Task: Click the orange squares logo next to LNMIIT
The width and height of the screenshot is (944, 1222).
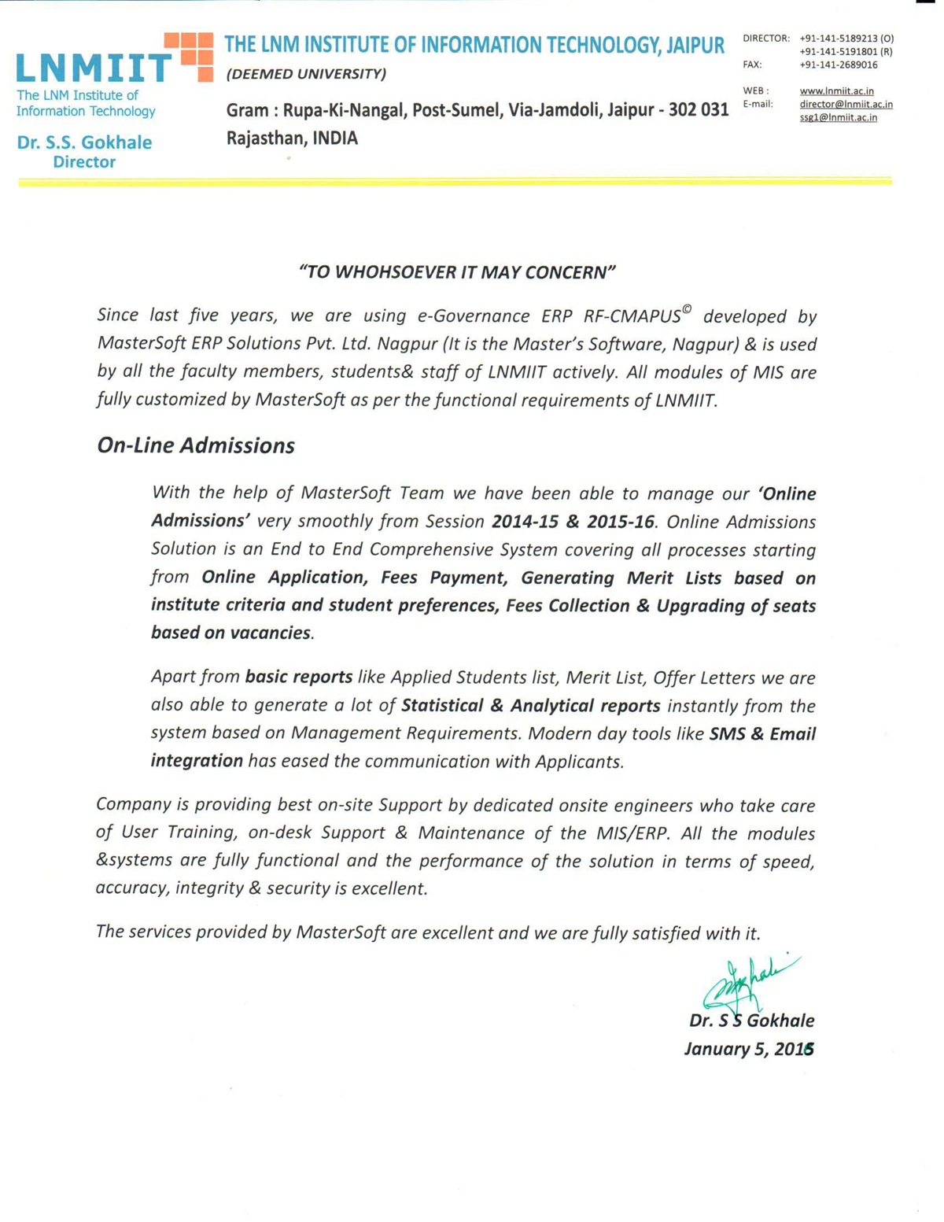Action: (189, 57)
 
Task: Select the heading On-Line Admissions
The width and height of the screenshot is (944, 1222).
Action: (196, 445)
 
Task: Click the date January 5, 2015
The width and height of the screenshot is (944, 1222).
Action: (749, 1049)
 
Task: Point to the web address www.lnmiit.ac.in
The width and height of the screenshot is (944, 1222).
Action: (836, 91)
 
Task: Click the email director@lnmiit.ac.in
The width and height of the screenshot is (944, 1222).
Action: (846, 104)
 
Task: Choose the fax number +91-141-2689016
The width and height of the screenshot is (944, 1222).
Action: (838, 65)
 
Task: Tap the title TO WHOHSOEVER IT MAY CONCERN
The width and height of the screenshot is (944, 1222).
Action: (457, 272)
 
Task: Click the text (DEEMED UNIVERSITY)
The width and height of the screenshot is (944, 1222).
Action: (306, 74)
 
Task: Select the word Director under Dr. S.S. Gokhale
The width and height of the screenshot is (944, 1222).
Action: (84, 162)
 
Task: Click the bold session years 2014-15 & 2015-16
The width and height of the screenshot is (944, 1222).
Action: (573, 522)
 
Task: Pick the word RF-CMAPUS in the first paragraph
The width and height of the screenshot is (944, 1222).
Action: (632, 316)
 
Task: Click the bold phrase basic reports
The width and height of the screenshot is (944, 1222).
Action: (299, 677)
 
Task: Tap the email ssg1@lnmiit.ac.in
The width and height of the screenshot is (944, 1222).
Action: (838, 117)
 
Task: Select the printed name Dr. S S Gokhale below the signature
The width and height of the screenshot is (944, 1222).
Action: (751, 1021)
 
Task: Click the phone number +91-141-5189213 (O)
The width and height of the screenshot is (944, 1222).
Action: (846, 38)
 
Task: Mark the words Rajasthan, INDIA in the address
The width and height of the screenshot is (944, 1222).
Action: (292, 138)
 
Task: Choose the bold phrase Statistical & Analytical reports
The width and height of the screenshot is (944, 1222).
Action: (531, 705)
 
